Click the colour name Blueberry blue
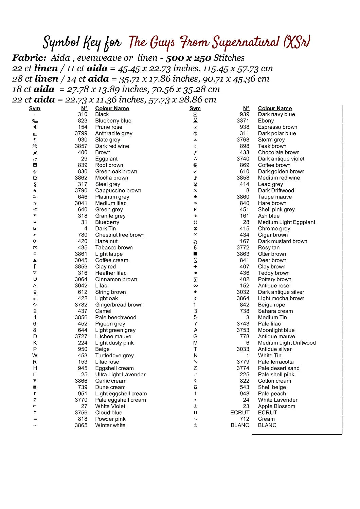click(113, 121)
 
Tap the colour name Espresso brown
click(277, 127)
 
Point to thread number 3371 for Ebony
click(243, 121)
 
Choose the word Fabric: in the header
click(29, 58)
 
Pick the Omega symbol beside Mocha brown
click(35, 178)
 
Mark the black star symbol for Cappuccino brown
click(35, 191)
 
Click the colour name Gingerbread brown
click(119, 305)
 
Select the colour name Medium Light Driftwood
click(287, 343)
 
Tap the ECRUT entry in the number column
click(240, 413)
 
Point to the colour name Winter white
click(110, 426)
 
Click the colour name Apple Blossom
click(276, 407)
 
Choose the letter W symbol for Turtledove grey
click(35, 356)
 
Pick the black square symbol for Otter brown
click(195, 254)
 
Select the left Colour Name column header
click(112, 109)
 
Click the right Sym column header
click(195, 109)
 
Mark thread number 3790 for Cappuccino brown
click(81, 191)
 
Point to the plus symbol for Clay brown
click(195, 267)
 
